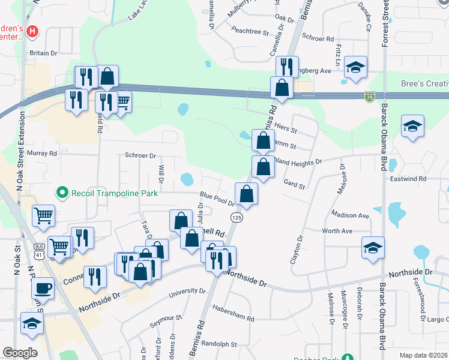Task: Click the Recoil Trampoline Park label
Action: pos(114,193)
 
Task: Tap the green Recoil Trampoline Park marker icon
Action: pos(61,193)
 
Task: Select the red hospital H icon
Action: pos(33,30)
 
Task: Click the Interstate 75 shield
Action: pos(370,96)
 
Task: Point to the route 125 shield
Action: pos(237,218)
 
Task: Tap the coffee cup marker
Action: pos(42,287)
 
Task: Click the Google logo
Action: pos(20,353)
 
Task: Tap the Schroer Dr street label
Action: pos(140,155)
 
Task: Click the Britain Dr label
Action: pos(43,53)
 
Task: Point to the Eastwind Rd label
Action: pos(424,179)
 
